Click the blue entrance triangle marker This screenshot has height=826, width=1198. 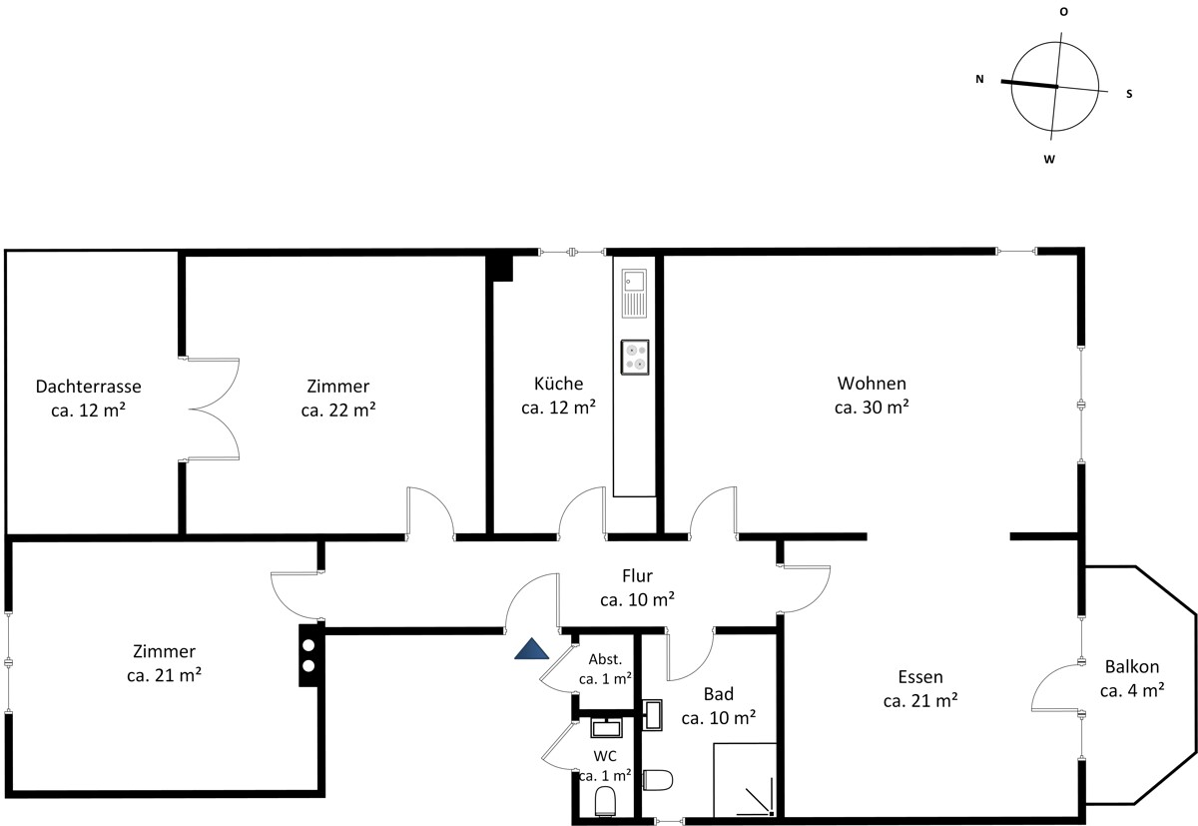tap(531, 649)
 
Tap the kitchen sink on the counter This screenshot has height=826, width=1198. tap(634, 294)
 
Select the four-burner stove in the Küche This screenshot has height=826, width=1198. tap(635, 357)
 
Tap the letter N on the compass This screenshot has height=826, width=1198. tap(979, 79)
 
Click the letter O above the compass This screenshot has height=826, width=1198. tap(1064, 12)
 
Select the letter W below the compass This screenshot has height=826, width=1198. tap(1049, 160)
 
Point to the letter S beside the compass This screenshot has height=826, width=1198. tap(1129, 94)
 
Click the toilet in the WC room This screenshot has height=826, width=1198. tap(605, 801)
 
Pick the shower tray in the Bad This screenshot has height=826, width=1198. tap(745, 780)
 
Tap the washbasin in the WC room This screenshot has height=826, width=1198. tap(606, 727)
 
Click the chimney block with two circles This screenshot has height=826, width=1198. tap(308, 655)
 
